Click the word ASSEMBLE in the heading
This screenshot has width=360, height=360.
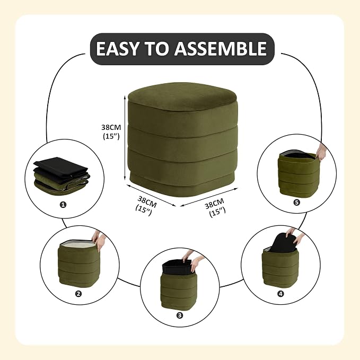click(x=221, y=49)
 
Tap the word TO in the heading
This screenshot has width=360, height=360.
click(x=156, y=49)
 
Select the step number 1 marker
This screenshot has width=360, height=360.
click(x=63, y=204)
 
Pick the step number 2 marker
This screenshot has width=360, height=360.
click(x=78, y=294)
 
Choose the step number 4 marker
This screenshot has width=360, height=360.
click(x=280, y=294)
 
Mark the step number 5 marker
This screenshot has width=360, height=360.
click(x=296, y=203)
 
